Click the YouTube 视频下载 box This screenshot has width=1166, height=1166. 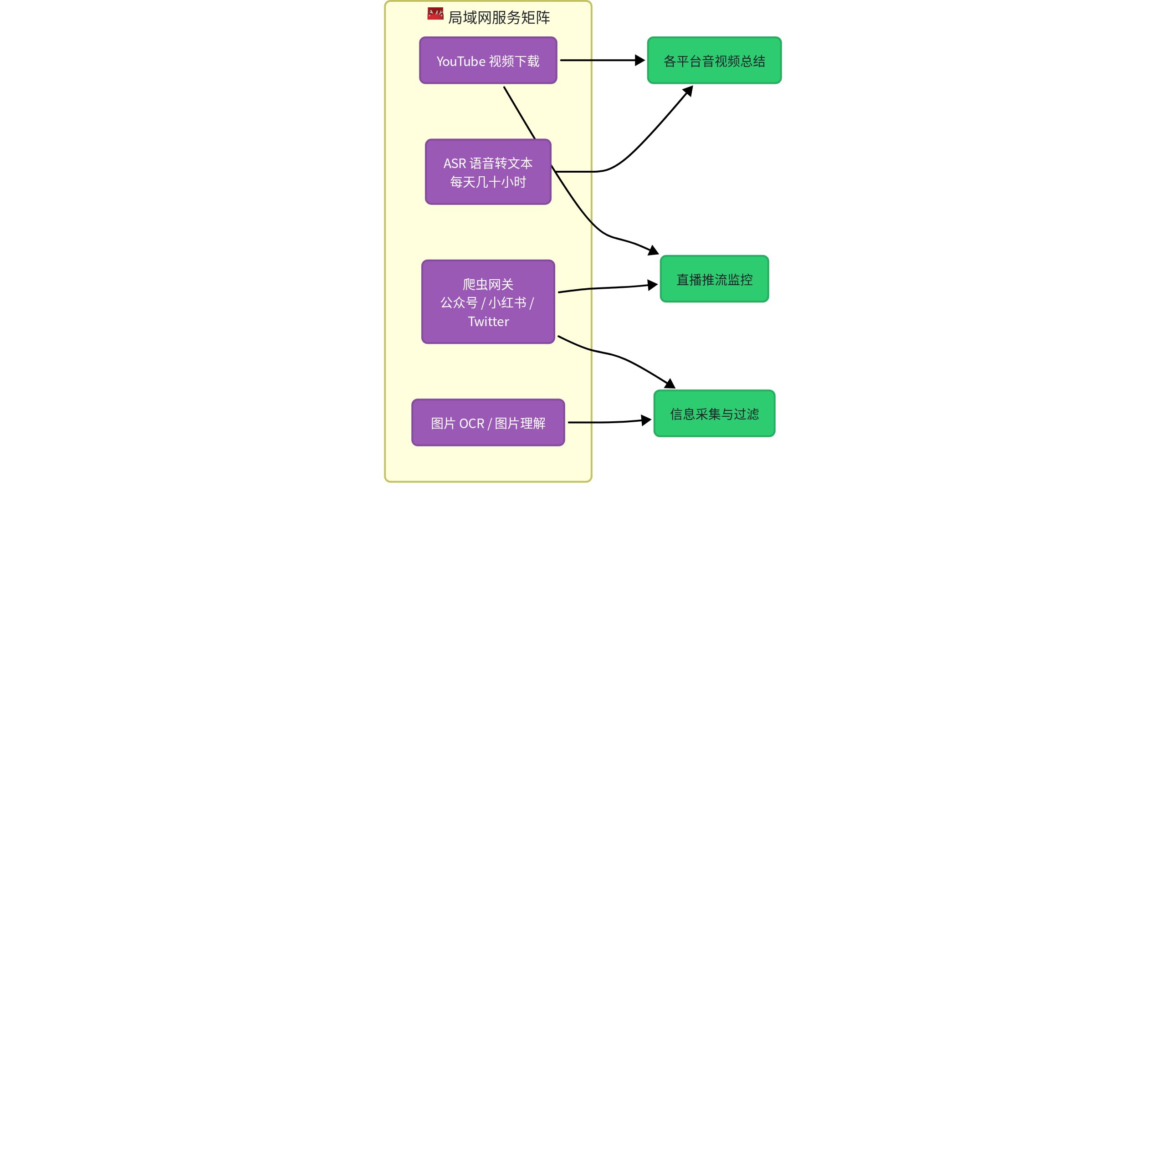[x=488, y=61]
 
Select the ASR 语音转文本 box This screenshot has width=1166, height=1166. [x=488, y=172]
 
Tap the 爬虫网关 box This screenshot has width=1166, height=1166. [x=488, y=302]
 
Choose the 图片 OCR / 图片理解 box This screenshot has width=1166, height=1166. [x=488, y=423]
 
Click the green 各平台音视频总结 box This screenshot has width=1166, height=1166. [x=714, y=61]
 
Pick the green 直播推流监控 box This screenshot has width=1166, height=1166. [x=714, y=279]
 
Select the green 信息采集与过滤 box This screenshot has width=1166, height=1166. [x=714, y=414]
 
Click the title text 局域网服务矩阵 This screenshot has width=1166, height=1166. [x=498, y=17]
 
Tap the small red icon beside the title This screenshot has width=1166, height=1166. [x=435, y=13]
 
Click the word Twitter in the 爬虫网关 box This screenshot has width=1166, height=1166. [x=488, y=322]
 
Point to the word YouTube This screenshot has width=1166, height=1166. [x=461, y=61]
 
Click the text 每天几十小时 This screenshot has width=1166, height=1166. [x=488, y=182]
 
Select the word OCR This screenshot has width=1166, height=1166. [x=472, y=424]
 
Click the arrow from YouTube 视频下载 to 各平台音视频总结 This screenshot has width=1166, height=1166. [x=602, y=61]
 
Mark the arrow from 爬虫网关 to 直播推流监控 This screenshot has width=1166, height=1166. [x=608, y=288]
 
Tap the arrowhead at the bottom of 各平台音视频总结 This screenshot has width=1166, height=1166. [x=688, y=91]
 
